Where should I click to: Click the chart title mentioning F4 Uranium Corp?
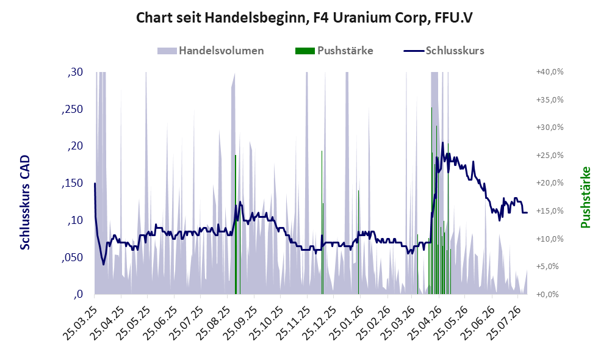304,18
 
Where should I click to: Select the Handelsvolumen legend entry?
211,51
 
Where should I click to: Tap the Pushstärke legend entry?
334,51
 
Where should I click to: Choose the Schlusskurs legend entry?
444,51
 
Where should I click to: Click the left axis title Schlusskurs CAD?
25,203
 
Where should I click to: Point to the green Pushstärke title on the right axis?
585,197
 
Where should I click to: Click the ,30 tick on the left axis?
75,72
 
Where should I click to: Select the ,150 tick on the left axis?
72,183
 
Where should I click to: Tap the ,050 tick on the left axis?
72,257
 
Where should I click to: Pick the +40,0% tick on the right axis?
550,72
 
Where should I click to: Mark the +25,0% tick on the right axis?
550,156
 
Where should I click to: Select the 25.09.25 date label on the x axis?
240,323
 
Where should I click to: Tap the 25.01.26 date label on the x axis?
345,323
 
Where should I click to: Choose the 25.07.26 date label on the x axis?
504,323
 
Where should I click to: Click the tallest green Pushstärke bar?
431,201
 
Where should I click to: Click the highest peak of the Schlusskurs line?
443,143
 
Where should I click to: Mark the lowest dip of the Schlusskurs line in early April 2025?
103,264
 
